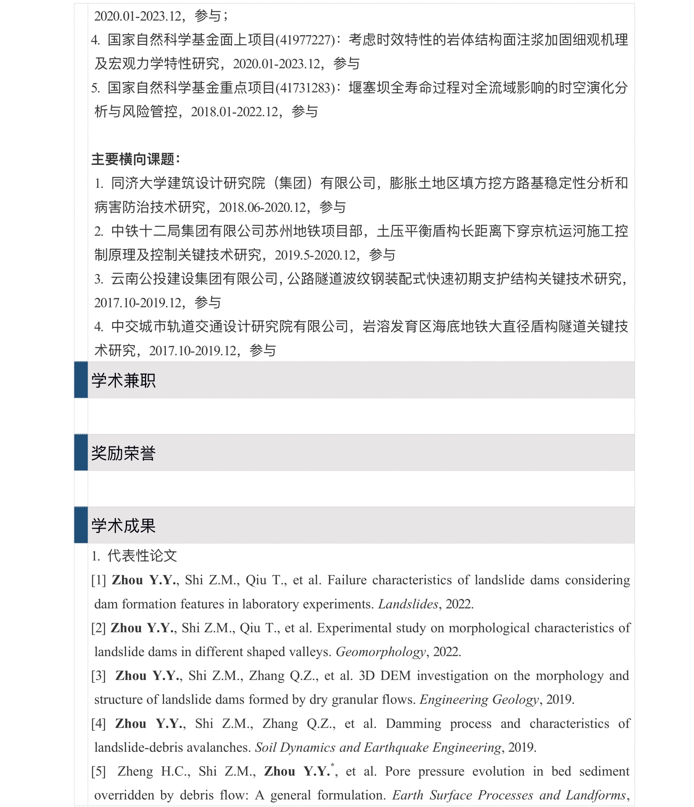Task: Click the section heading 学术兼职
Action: click(123, 380)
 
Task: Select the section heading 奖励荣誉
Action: click(123, 453)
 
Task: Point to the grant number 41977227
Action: click(305, 40)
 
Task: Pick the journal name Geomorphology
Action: click(381, 652)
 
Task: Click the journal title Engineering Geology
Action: click(479, 700)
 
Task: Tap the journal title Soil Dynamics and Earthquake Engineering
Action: click(378, 747)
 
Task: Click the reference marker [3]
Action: click(99, 676)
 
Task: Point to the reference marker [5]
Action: click(99, 771)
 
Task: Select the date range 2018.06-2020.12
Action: click(262, 208)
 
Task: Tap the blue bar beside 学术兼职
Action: click(81, 380)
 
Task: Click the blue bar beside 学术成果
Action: click(81, 525)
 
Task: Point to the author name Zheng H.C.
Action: click(154, 771)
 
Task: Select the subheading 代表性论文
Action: click(142, 556)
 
